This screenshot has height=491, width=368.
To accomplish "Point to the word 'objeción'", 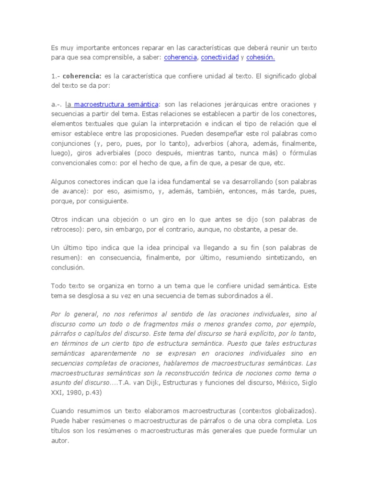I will [x=127, y=220].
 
